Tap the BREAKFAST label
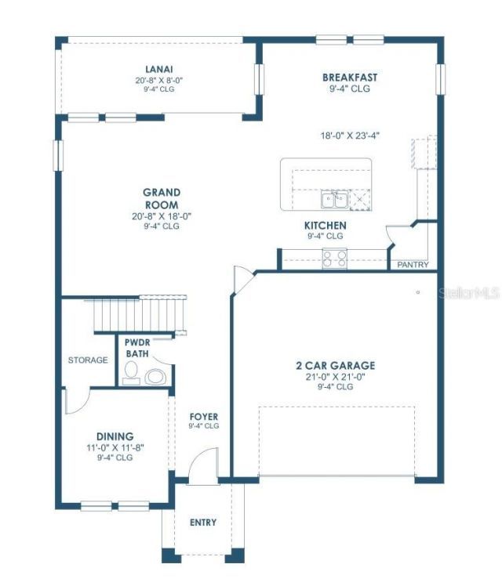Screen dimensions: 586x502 point(350,78)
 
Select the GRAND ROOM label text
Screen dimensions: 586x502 point(162,198)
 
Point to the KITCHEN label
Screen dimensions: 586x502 point(325,225)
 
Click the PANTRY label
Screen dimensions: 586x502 point(413,265)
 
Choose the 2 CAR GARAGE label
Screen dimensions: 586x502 point(335,365)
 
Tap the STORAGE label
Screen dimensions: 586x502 point(88,360)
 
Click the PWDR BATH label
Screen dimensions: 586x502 point(137,348)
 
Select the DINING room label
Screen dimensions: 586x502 point(115,436)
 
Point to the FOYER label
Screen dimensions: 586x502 point(204,416)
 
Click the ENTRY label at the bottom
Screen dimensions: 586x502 point(203,523)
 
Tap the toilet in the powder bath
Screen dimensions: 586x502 point(155,377)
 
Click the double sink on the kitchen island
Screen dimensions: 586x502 point(333,201)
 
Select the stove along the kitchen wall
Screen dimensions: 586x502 point(335,258)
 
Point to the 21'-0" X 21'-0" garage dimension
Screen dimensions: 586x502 point(335,377)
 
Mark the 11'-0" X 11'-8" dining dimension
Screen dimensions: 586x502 point(115,448)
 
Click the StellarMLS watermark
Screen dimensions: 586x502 point(469,293)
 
